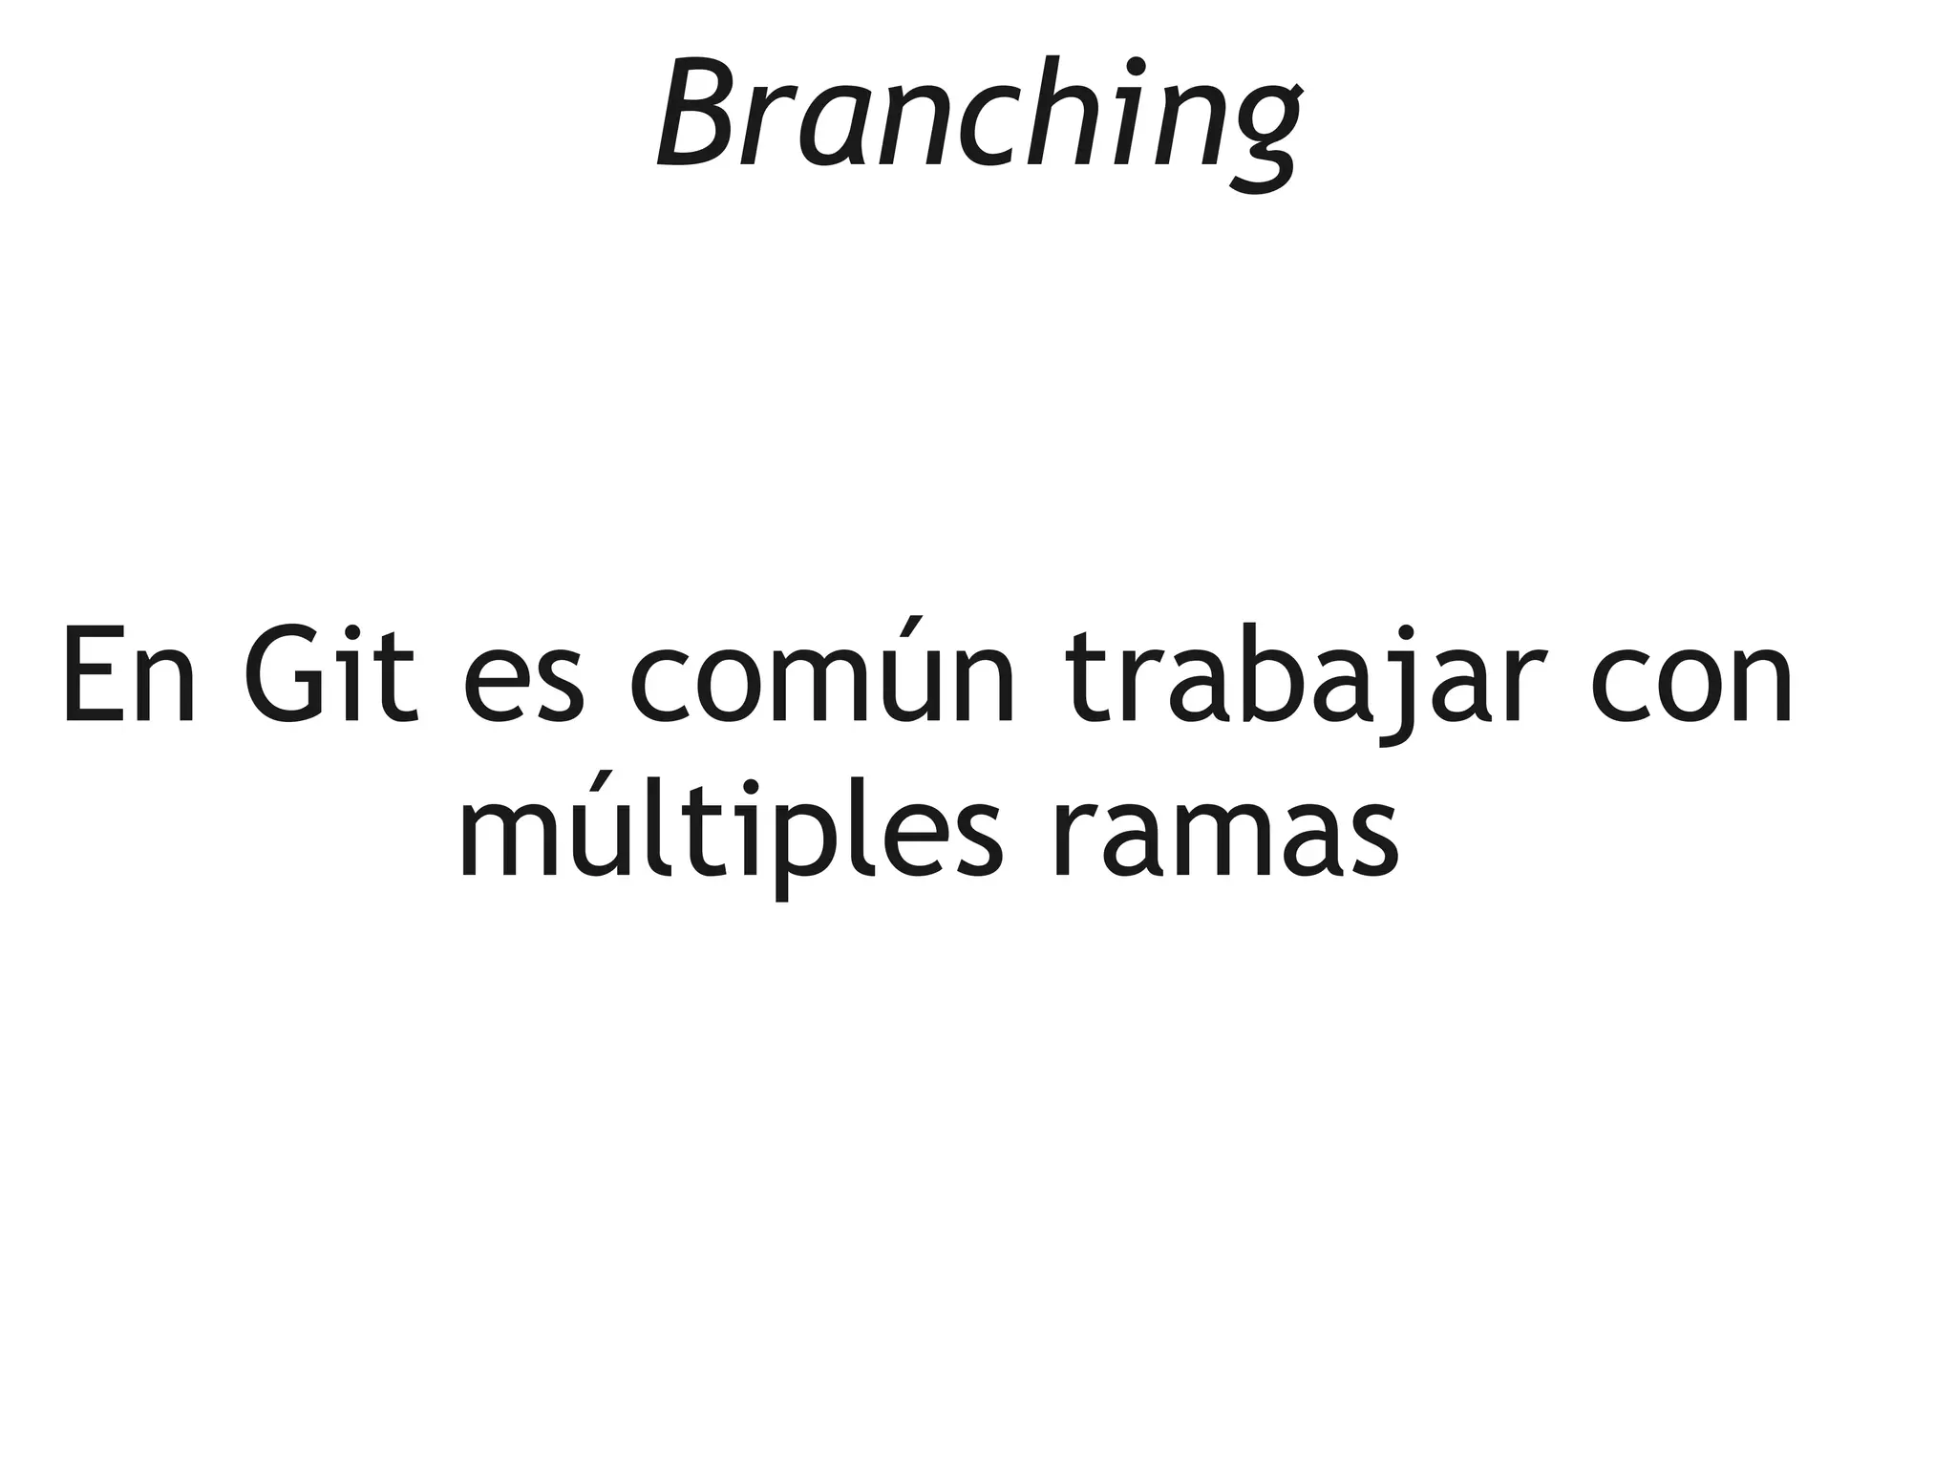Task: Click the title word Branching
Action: (978, 119)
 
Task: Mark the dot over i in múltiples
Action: (751, 786)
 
